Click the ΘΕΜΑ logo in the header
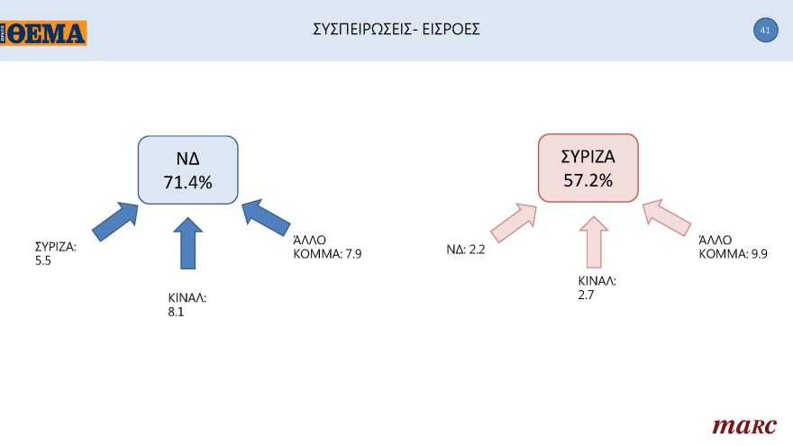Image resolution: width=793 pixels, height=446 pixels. click(44, 33)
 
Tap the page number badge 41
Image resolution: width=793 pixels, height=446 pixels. click(764, 31)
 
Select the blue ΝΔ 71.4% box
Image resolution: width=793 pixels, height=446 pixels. click(187, 169)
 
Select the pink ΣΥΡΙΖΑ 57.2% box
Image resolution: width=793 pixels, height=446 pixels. click(588, 168)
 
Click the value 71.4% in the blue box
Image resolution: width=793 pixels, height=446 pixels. click(187, 182)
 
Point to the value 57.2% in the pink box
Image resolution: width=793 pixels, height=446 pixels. click(588, 180)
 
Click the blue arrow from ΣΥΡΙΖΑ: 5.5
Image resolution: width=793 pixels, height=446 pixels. click(116, 222)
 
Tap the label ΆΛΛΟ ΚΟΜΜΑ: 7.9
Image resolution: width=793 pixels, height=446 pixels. click(327, 247)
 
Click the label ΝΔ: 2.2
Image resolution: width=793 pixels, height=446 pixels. click(466, 250)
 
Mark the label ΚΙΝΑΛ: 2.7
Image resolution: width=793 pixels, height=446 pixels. click(597, 287)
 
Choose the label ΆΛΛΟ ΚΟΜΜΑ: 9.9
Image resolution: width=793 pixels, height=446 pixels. click(734, 247)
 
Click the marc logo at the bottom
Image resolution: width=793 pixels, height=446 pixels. click(739, 424)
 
